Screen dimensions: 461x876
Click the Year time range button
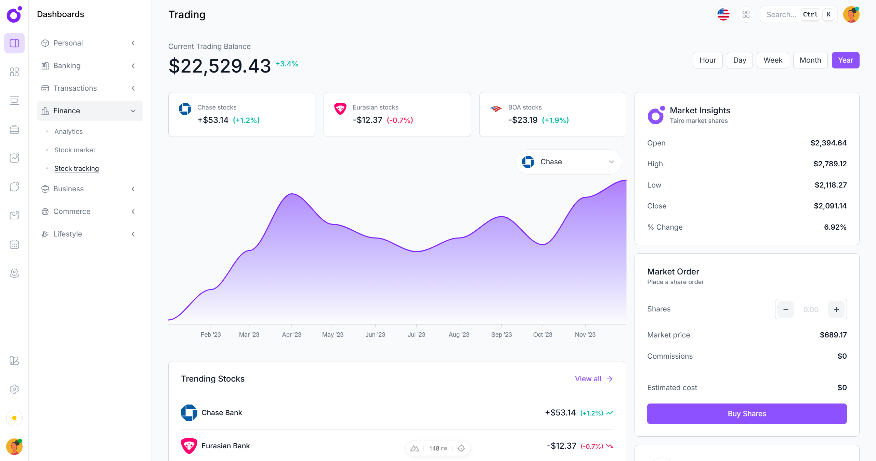tap(845, 60)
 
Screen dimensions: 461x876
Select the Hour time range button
tap(707, 60)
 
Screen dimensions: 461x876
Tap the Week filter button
tap(772, 60)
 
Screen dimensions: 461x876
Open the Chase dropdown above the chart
tap(568, 162)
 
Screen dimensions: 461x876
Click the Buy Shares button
tap(746, 413)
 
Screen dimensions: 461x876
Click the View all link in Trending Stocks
tap(593, 379)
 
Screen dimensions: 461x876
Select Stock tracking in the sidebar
tap(76, 168)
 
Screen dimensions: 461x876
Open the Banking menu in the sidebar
tap(67, 66)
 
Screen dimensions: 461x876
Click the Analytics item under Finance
tap(68, 131)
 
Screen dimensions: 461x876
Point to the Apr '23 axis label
tap(291, 334)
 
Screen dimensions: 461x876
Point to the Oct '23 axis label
tap(542, 334)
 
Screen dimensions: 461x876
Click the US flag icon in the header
tap(723, 14)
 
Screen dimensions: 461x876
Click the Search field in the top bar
tap(781, 14)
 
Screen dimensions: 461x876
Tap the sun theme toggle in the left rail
tap(14, 418)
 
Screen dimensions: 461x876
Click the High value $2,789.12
tap(829, 164)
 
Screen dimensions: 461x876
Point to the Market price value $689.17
tap(833, 335)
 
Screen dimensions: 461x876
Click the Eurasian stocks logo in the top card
tap(340, 109)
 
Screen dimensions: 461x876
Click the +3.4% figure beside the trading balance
tap(287, 64)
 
